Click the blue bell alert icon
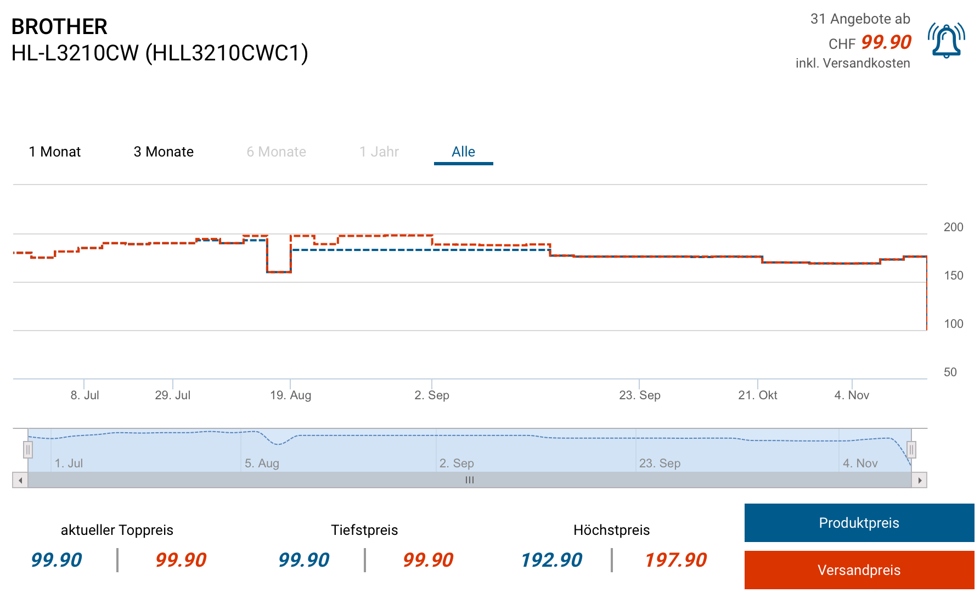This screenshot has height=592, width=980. pyautogui.click(x=946, y=41)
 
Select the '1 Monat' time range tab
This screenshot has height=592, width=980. pyautogui.click(x=55, y=152)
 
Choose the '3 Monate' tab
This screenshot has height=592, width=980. pyautogui.click(x=164, y=152)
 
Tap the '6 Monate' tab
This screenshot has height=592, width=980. pyautogui.click(x=277, y=152)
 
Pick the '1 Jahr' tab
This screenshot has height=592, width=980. pyautogui.click(x=379, y=152)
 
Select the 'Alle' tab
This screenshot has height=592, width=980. pyautogui.click(x=463, y=152)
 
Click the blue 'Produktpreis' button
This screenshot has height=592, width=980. pyautogui.click(x=859, y=523)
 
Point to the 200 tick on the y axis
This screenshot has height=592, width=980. pyautogui.click(x=953, y=227)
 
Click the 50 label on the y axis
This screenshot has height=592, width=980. pyautogui.click(x=950, y=372)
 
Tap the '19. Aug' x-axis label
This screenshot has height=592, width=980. pyautogui.click(x=290, y=395)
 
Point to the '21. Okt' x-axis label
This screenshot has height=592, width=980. pyautogui.click(x=757, y=395)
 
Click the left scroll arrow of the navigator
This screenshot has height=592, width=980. pyautogui.click(x=20, y=481)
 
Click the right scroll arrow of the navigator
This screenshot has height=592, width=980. pyautogui.click(x=920, y=481)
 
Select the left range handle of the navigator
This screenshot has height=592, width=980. pyautogui.click(x=28, y=450)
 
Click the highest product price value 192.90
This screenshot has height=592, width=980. pyautogui.click(x=551, y=560)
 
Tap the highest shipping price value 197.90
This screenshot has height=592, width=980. pyautogui.click(x=675, y=560)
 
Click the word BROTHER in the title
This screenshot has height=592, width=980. pyautogui.click(x=59, y=27)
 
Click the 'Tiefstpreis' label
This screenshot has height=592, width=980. pyautogui.click(x=364, y=530)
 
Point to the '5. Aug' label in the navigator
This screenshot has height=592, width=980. pyautogui.click(x=262, y=463)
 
